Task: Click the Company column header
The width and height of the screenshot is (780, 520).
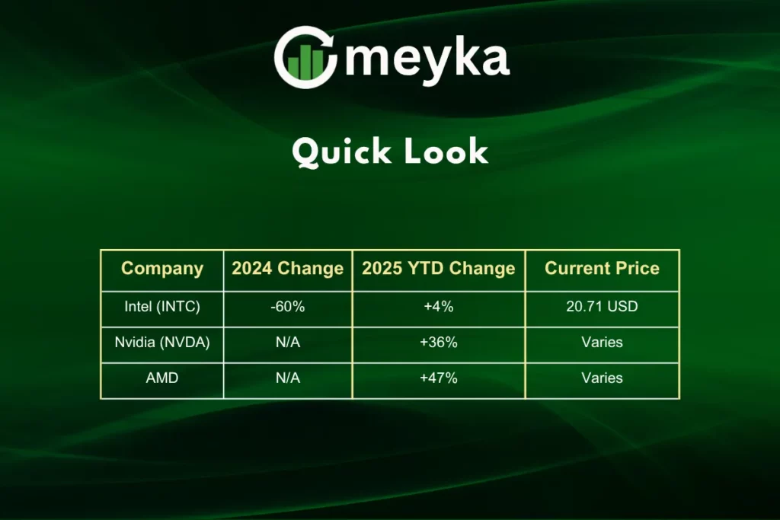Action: click(x=162, y=269)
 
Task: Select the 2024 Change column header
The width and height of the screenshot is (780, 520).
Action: click(x=287, y=269)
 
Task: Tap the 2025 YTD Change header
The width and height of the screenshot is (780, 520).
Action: click(x=438, y=269)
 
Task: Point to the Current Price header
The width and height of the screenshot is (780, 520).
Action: click(x=602, y=269)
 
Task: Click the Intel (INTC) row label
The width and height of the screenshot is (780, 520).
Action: click(x=162, y=307)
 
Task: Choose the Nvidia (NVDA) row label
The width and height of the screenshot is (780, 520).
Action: click(x=162, y=343)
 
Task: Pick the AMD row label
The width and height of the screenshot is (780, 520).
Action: click(x=162, y=378)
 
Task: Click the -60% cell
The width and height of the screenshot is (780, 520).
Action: click(x=287, y=307)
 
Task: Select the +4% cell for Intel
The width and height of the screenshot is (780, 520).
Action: click(x=438, y=307)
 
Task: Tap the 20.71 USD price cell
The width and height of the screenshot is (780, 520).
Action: click(x=602, y=306)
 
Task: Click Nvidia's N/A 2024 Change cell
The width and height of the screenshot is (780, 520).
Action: click(x=287, y=343)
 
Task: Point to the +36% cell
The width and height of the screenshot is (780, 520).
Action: click(x=438, y=343)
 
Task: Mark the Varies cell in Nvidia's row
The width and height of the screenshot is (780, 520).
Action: click(x=602, y=343)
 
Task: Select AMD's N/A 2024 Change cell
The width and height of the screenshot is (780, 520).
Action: click(x=287, y=378)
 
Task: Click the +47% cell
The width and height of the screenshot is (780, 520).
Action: click(x=438, y=378)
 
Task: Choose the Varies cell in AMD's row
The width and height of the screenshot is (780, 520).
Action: click(x=602, y=378)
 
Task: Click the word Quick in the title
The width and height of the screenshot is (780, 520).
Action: click(x=341, y=152)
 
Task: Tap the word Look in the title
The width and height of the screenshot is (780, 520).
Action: click(x=446, y=152)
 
